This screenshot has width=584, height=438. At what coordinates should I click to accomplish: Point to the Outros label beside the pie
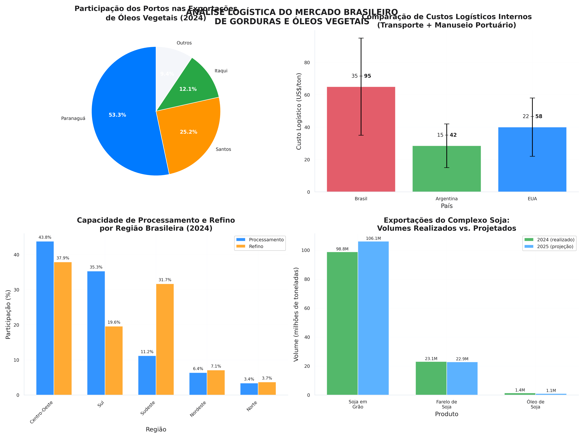(x=184, y=43)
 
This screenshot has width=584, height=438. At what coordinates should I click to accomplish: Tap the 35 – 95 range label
(x=361, y=76)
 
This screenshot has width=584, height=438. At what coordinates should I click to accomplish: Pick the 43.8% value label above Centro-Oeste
(x=45, y=238)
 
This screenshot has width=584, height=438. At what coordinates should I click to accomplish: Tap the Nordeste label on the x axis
(x=198, y=409)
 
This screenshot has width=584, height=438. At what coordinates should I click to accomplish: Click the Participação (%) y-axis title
(x=8, y=314)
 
